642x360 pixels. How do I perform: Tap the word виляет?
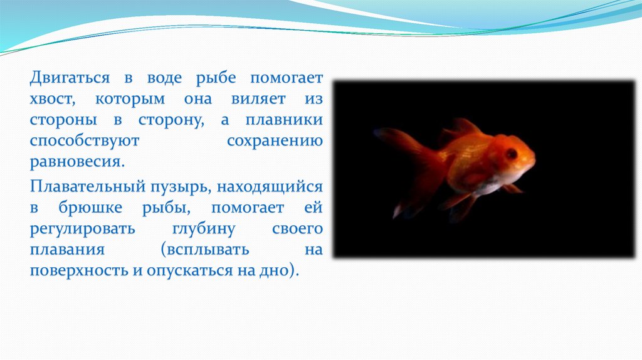(258, 98)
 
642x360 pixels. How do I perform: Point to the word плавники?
(284, 120)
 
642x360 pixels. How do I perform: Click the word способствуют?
(85, 141)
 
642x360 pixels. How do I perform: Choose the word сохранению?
(275, 141)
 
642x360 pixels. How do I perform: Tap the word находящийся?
(270, 187)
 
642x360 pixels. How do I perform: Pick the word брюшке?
(90, 208)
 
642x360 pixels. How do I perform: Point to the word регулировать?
(82, 229)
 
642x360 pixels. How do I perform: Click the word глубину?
(204, 229)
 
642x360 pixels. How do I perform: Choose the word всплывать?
(205, 250)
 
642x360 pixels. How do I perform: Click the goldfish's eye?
(512, 154)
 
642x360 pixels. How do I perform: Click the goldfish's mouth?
(533, 161)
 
